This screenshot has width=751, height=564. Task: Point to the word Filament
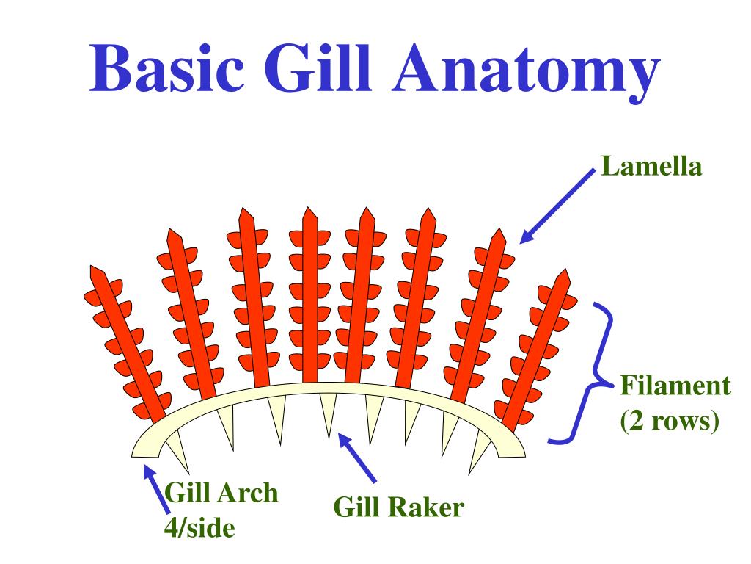[x=675, y=386]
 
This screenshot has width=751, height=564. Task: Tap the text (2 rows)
[x=668, y=422]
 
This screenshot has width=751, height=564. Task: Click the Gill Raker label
[x=399, y=507]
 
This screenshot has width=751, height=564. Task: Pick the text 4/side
[x=199, y=527]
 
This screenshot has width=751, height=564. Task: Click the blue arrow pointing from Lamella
[x=557, y=203]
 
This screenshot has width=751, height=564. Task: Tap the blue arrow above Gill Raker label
[x=357, y=458]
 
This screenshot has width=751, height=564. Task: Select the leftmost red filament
[x=128, y=345]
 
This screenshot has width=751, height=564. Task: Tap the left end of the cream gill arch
[x=144, y=447]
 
